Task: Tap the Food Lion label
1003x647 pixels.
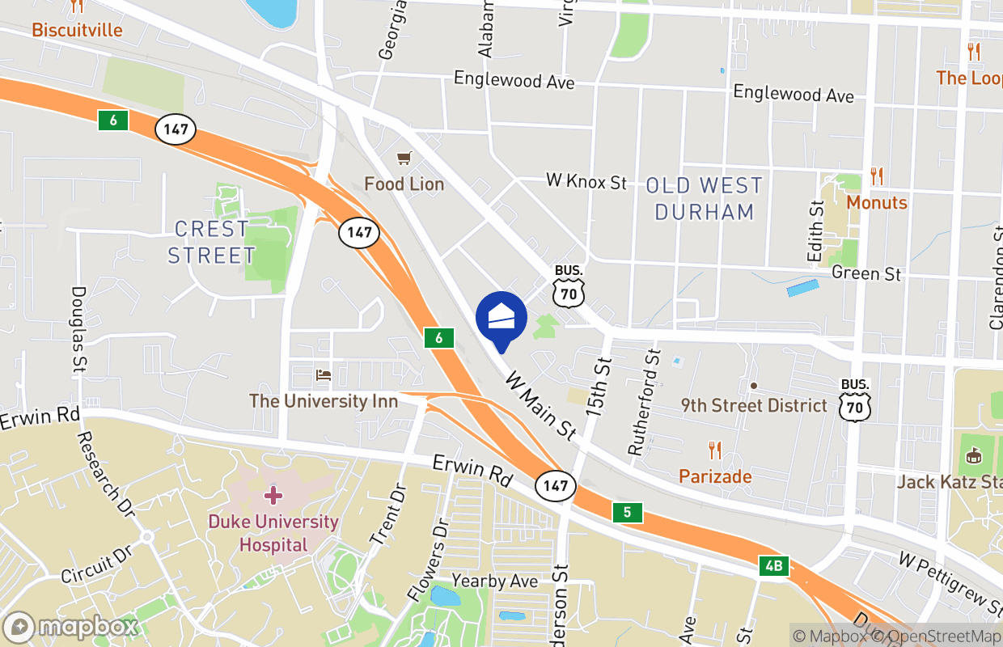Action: (404, 184)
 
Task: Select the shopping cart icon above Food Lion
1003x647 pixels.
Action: (404, 158)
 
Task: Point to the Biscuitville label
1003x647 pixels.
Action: (77, 31)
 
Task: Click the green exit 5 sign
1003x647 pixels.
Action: (627, 512)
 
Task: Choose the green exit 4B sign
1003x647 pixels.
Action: (773, 565)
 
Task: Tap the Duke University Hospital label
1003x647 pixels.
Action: (273, 533)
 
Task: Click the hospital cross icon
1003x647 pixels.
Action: (273, 494)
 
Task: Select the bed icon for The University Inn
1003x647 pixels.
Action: (324, 375)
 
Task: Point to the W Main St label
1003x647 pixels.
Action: (540, 407)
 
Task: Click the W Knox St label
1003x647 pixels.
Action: (586, 181)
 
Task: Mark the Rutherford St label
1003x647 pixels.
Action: (644, 402)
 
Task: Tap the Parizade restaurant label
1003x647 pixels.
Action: (715, 476)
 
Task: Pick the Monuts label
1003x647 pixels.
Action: (877, 202)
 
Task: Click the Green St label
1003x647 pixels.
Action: (865, 273)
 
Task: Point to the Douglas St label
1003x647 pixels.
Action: (78, 328)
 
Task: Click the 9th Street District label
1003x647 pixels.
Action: (754, 405)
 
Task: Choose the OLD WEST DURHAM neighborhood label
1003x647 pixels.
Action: (704, 199)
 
